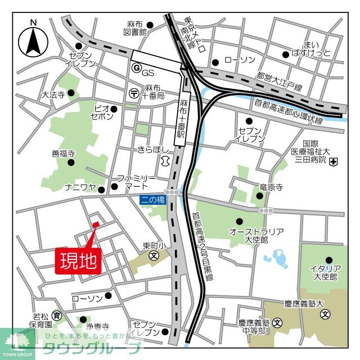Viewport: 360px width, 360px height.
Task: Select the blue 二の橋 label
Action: [x=153, y=200]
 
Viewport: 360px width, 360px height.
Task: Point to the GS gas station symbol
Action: [x=135, y=67]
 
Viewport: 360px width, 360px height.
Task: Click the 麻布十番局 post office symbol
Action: [x=133, y=92]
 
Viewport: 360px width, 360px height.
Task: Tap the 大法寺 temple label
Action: [x=53, y=96]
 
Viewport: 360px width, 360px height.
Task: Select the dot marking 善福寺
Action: [x=71, y=163]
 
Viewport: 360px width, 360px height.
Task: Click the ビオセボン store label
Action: [x=101, y=112]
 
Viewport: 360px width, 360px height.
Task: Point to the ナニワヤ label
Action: [x=81, y=187]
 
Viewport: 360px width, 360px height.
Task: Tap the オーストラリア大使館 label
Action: [x=256, y=236]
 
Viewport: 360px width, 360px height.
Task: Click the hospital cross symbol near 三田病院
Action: [x=334, y=163]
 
